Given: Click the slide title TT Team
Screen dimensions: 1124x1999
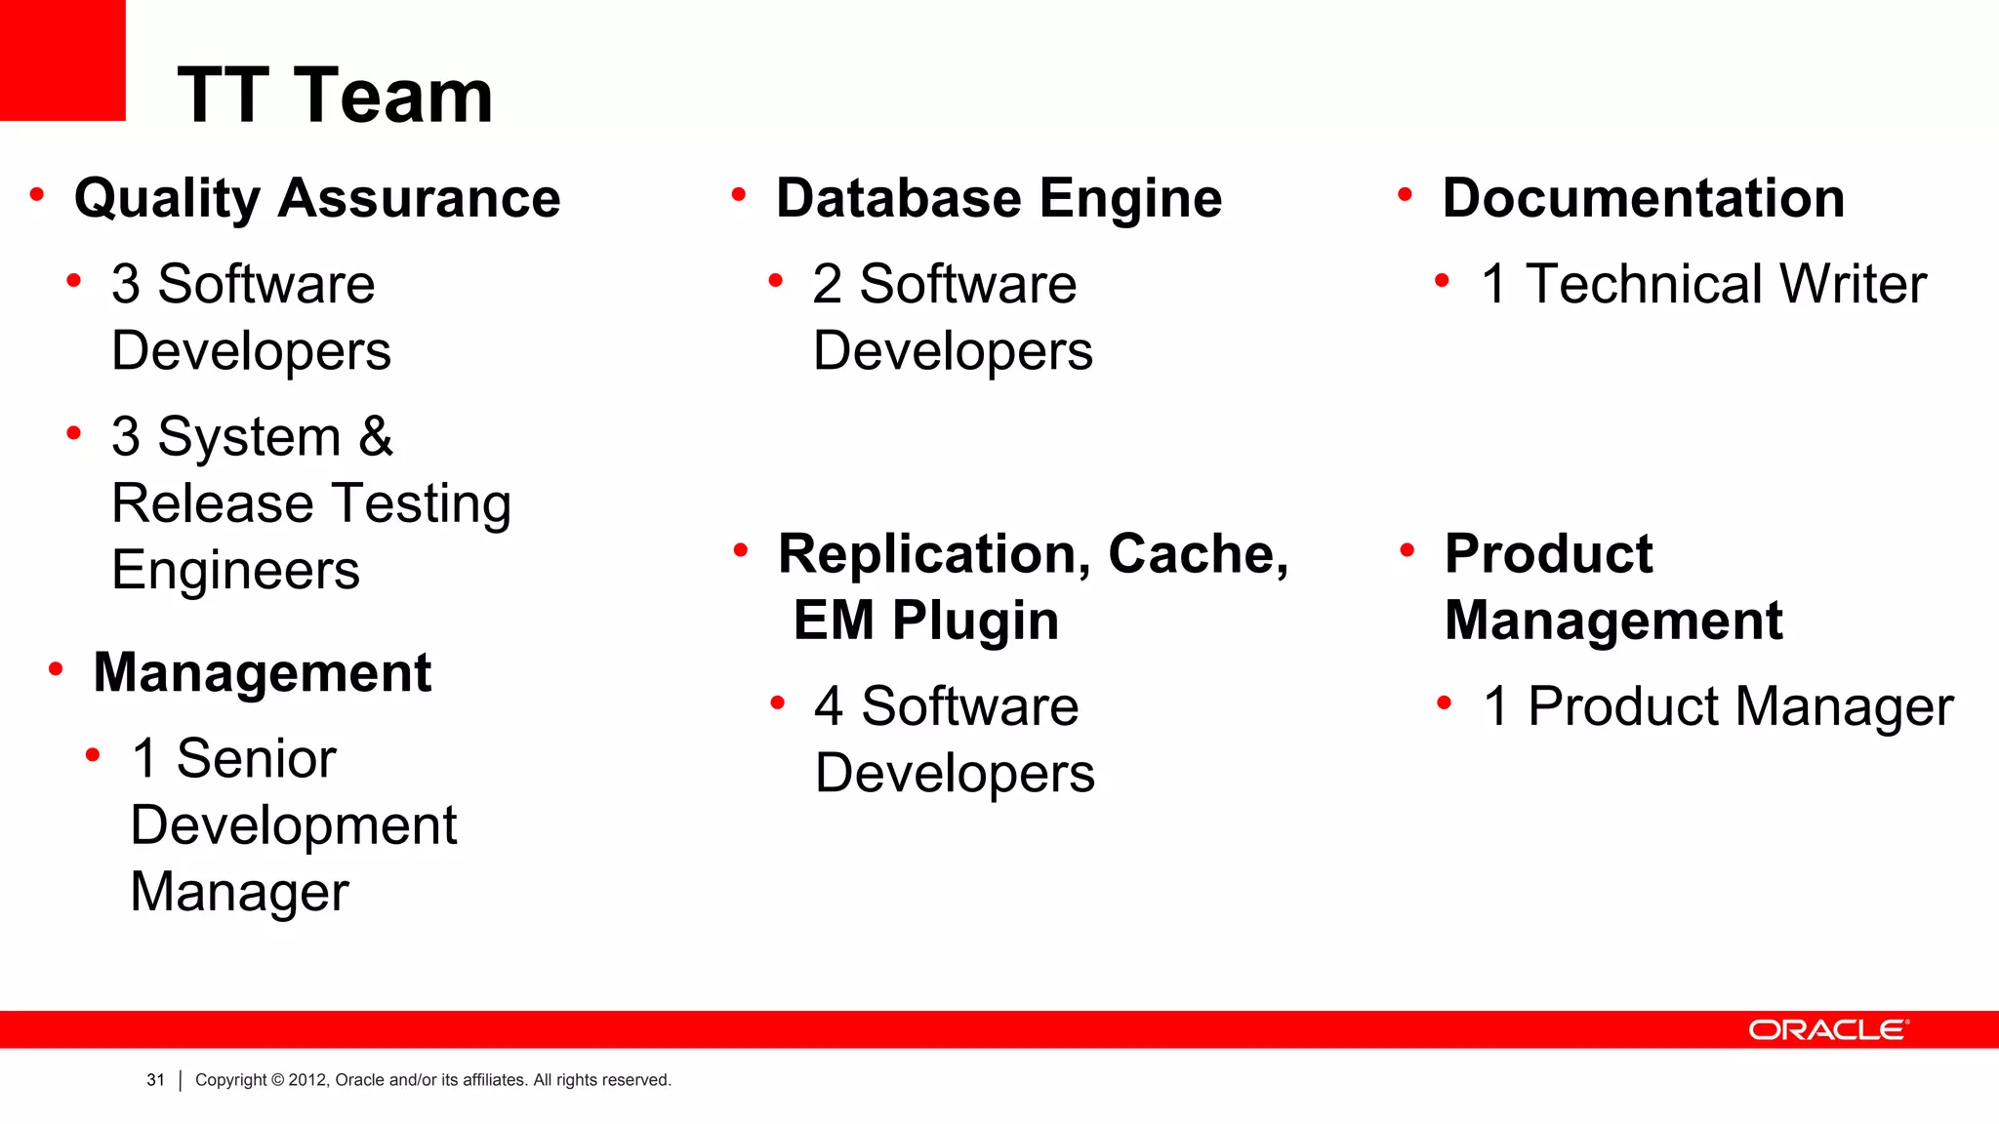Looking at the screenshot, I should tap(335, 96).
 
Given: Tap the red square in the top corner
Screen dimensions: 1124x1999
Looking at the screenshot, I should tap(62, 60).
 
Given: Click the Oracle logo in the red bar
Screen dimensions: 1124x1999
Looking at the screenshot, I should tap(1827, 1030).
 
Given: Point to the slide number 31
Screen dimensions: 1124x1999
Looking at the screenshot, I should tap(155, 1080).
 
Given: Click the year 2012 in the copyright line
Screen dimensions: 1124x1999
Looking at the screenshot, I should tap(306, 1080).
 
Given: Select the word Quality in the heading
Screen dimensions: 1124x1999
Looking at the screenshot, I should tap(167, 199).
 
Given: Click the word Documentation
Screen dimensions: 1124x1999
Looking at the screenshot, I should tap(1643, 198).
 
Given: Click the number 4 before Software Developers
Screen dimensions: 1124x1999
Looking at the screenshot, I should tap(828, 705).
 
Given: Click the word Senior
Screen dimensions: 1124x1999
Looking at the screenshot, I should tap(257, 758).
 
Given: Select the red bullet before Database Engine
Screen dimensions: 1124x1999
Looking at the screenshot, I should tap(739, 196).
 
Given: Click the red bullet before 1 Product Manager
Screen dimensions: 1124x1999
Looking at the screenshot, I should tap(1445, 702).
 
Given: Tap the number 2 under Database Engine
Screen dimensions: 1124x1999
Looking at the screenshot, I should tap(827, 284).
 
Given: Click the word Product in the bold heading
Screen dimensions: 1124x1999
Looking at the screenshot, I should tap(1548, 554).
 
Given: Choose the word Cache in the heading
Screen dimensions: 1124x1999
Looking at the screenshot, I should tap(1197, 554).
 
